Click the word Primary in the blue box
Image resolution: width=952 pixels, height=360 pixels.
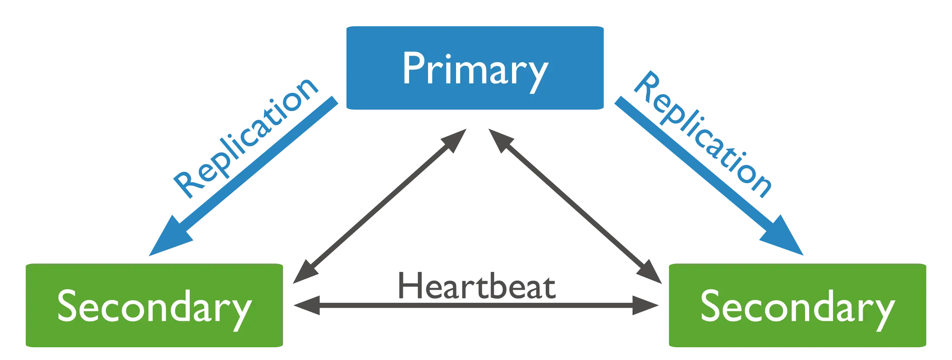pyautogui.click(x=475, y=69)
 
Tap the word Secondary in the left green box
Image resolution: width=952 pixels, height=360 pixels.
pyautogui.click(x=154, y=307)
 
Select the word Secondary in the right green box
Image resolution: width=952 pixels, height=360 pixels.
pyautogui.click(x=798, y=307)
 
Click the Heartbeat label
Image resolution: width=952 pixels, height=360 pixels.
pyautogui.click(x=477, y=286)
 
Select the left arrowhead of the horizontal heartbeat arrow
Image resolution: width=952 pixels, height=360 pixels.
pyautogui.click(x=305, y=306)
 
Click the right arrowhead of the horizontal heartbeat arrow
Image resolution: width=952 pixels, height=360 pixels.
pyautogui.click(x=648, y=306)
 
